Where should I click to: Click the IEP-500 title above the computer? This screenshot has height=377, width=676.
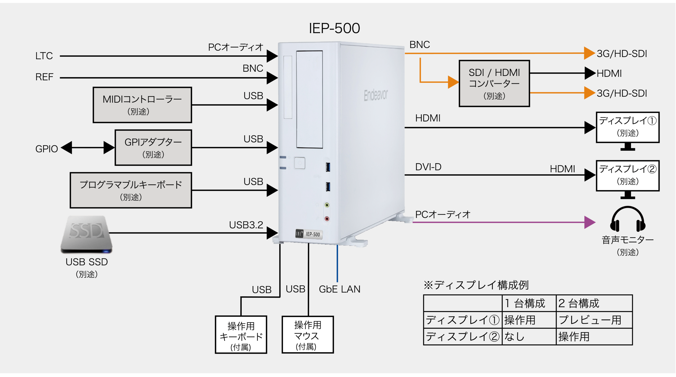pos(334,28)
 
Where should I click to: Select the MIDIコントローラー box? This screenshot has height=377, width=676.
pos(142,105)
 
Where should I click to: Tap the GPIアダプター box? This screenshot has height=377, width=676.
pos(153,148)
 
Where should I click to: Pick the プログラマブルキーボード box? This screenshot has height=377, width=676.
pos(131,190)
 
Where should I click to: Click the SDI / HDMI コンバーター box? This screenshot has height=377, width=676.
pos(494,83)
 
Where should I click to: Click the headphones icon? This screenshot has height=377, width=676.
pos(628,219)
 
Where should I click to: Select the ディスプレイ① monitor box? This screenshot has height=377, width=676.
pos(628,127)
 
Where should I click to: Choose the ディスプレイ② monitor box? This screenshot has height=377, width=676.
pos(628,175)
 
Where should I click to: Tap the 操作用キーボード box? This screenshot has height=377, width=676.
pos(241,335)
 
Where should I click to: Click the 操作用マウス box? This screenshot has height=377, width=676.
pos(308,335)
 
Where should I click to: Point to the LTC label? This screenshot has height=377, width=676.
pos(44,56)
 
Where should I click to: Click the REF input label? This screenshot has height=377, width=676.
pos(44,77)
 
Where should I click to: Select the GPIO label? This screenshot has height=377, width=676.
pos(46,149)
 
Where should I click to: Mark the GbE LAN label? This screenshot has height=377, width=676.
pos(340,289)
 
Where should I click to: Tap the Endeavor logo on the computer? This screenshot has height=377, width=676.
pos(376,95)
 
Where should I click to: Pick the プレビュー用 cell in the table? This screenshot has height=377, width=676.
pos(590,320)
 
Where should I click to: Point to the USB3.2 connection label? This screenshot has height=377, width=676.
pos(246,225)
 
